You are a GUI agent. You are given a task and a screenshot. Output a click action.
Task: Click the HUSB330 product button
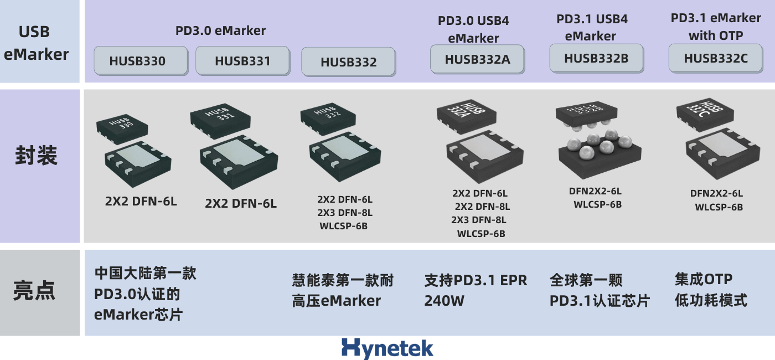coord(141,61)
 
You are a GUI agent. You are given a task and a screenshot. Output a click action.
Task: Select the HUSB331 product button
coord(242,60)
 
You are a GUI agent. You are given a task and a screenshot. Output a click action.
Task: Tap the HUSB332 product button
coord(348,62)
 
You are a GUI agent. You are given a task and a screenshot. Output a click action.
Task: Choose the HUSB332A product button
coord(477,59)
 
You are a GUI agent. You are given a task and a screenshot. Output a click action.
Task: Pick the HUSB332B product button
coord(596,58)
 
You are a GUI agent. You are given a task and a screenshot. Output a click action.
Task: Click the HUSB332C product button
coord(715,58)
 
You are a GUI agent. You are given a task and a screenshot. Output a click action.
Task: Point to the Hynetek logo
coord(387,348)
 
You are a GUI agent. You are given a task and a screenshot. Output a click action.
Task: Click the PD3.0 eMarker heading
coord(220,30)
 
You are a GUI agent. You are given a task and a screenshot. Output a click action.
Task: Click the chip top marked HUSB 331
coord(220,116)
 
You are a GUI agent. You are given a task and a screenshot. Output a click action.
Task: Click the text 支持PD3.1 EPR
coord(476,280)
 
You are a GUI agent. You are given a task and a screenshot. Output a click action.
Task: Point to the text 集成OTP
coord(703,279)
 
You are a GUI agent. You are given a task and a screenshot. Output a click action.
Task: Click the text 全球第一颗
coord(586,280)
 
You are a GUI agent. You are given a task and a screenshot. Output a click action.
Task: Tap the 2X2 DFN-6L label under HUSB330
coord(141,201)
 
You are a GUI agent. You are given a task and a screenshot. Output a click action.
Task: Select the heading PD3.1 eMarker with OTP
coord(715,27)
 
